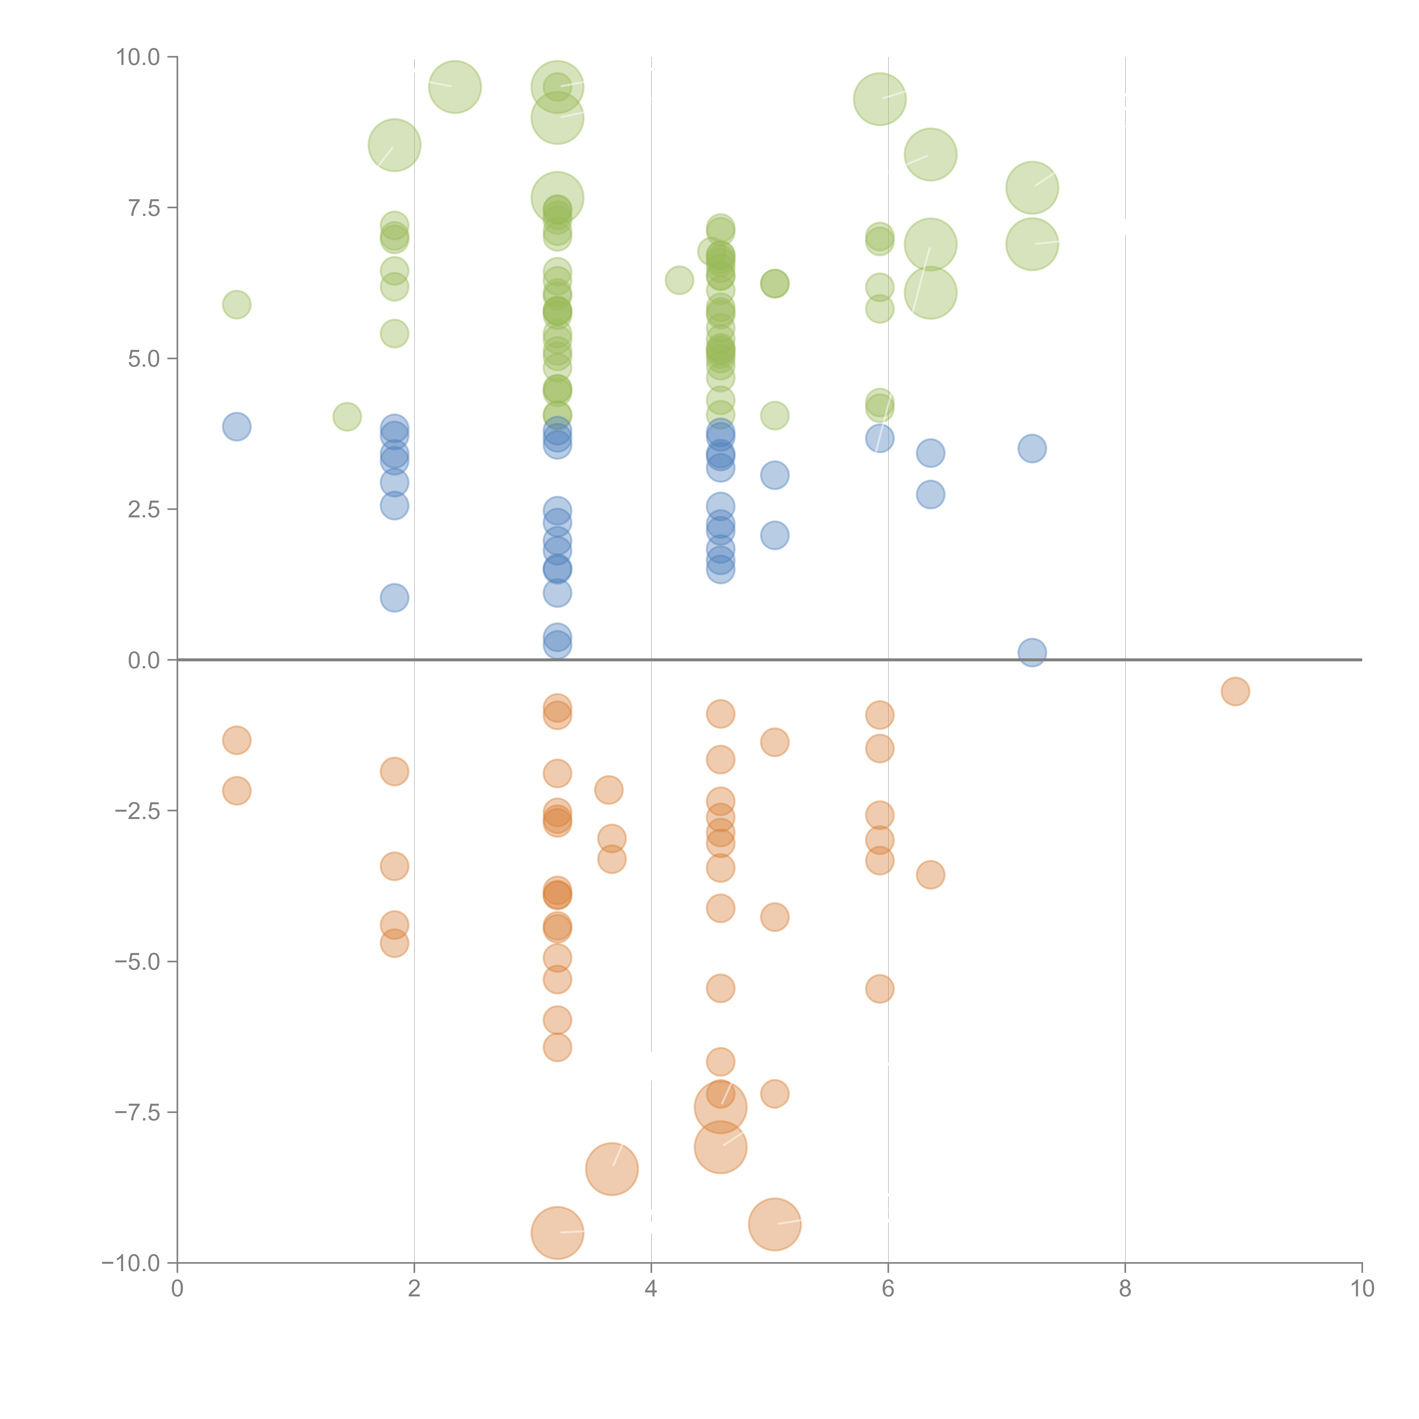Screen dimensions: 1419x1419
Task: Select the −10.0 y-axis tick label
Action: click(131, 1263)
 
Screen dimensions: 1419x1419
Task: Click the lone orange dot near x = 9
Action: click(1235, 691)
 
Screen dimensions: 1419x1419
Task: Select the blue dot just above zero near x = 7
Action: click(1032, 652)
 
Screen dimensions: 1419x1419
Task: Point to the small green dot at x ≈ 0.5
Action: click(236, 304)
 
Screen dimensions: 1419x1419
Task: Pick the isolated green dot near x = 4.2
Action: click(679, 280)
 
